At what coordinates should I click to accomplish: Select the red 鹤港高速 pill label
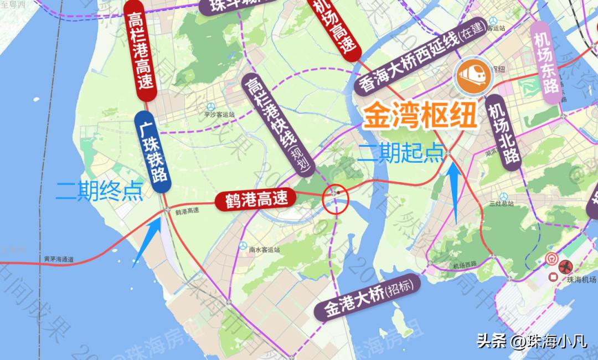click(256, 199)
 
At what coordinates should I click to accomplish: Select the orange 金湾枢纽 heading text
click(420, 116)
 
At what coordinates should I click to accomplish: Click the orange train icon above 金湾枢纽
click(473, 75)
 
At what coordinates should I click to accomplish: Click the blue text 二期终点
click(100, 191)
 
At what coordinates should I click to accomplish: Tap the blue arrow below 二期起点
click(455, 191)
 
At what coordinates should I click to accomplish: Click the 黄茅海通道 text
click(59, 259)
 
